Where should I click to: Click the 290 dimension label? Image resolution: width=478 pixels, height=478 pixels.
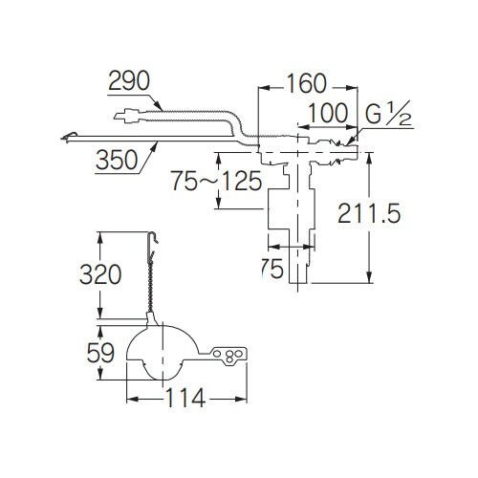pyautogui.click(x=129, y=80)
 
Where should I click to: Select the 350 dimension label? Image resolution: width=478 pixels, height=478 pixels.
pyautogui.click(x=117, y=160)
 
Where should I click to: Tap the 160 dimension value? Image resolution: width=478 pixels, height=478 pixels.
pyautogui.click(x=307, y=84)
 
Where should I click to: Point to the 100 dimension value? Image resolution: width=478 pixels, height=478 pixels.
pyautogui.click(x=328, y=113)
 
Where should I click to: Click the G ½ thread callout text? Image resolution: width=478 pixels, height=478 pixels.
pyautogui.click(x=388, y=113)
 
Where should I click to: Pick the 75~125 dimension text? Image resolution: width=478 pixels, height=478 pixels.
pyautogui.click(x=217, y=181)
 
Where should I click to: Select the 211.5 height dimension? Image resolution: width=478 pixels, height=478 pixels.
pyautogui.click(x=369, y=213)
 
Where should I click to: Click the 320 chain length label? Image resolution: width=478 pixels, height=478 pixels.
pyautogui.click(x=100, y=274)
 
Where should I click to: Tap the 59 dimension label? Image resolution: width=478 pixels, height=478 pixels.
pyautogui.click(x=100, y=353)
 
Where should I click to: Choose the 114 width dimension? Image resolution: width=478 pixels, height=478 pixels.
pyautogui.click(x=185, y=398)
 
